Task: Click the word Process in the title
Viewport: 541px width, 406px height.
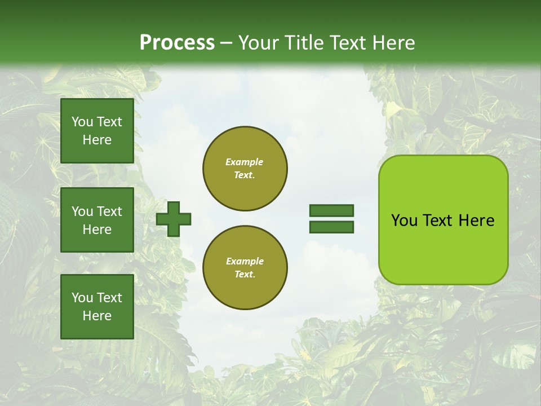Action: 177,42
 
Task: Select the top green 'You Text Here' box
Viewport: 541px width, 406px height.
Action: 97,131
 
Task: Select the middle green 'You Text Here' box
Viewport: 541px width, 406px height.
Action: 97,220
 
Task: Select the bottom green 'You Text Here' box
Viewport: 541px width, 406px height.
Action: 97,307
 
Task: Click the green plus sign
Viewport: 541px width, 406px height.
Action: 174,219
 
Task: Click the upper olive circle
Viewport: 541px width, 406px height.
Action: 245,169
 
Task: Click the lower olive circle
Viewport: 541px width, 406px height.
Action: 245,268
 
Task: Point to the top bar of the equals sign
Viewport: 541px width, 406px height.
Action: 331,211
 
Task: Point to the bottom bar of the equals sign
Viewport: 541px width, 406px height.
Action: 331,227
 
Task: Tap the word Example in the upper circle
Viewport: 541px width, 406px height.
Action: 245,162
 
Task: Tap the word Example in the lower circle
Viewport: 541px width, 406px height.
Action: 245,261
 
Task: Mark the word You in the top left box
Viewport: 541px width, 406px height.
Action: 82,122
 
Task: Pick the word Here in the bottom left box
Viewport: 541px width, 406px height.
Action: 97,316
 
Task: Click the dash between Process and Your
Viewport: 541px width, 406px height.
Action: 227,43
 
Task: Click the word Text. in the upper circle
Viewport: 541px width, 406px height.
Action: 245,175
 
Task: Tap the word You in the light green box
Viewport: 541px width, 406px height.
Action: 405,220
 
